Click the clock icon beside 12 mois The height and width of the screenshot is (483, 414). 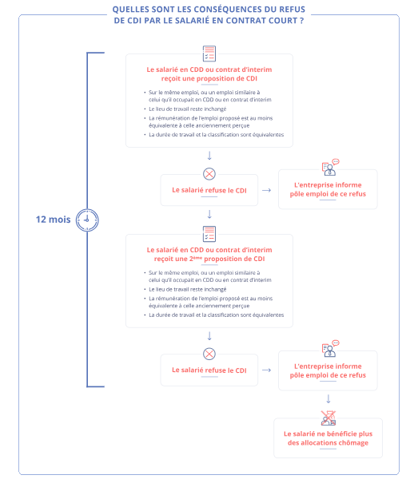click(87, 220)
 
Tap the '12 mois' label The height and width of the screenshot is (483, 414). click(53, 220)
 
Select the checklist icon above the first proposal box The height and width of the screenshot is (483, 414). click(209, 53)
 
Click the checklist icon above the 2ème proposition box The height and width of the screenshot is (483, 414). click(209, 234)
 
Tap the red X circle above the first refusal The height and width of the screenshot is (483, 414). click(209, 174)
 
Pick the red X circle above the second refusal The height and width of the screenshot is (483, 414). click(209, 354)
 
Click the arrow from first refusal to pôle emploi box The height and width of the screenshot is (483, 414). click(267, 190)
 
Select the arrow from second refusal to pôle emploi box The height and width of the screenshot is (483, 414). click(267, 370)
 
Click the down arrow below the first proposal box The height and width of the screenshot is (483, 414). click(209, 156)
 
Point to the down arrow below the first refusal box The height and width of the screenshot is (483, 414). click(209, 214)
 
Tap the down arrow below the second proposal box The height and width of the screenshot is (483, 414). click(209, 336)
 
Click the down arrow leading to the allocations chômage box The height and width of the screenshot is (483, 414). click(328, 399)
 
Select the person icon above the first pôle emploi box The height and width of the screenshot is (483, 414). click(330, 168)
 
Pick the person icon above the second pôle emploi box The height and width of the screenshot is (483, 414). click(330, 348)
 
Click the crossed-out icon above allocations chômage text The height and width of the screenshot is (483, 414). click(328, 418)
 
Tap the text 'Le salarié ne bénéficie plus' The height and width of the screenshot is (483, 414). click(328, 434)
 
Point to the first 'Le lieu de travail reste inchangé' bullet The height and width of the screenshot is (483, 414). click(188, 109)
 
